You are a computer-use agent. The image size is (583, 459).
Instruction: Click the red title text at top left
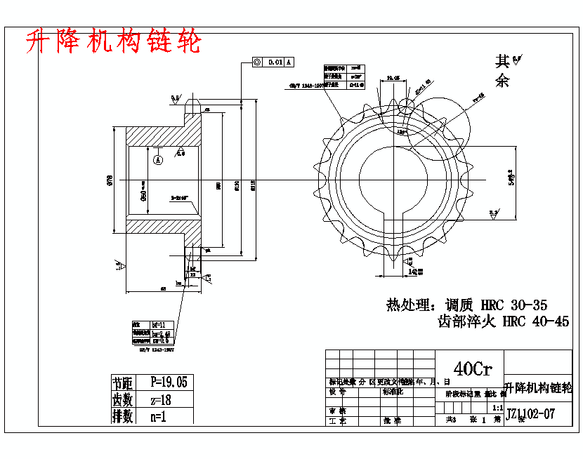112,42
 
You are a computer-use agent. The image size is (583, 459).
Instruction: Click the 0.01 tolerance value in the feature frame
275,62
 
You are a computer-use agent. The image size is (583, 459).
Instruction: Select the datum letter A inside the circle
158,159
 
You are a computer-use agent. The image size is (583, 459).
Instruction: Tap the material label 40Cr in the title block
473,368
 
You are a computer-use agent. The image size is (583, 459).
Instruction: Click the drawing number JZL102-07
530,414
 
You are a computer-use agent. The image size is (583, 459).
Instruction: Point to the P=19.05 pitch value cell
169,382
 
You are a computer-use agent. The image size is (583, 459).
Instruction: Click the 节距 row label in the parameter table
123,382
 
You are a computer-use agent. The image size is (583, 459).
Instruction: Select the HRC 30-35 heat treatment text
513,305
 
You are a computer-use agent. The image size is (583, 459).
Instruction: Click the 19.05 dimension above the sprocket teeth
393,78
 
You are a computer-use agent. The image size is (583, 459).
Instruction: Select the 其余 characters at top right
503,70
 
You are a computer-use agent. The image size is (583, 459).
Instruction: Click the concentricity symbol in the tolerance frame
257,62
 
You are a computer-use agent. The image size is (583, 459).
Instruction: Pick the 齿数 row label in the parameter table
123,399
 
